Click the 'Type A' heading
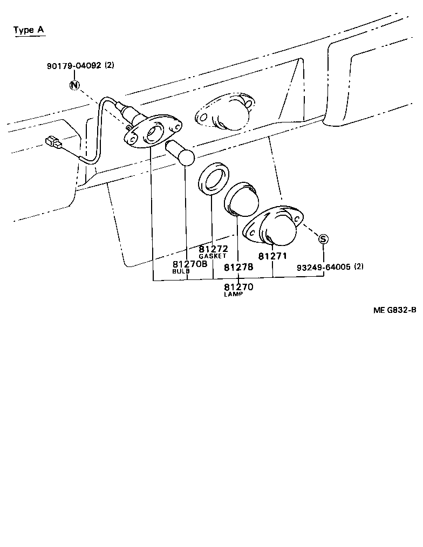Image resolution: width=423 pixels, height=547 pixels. pyautogui.click(x=29, y=30)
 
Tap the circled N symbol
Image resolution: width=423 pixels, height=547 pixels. pyautogui.click(x=74, y=85)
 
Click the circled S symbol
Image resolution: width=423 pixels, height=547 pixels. pyautogui.click(x=323, y=239)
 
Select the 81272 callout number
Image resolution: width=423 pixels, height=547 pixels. pyautogui.click(x=213, y=249)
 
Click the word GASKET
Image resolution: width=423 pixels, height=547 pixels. pyautogui.click(x=213, y=256)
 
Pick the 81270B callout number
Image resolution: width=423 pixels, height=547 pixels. pyautogui.click(x=189, y=264)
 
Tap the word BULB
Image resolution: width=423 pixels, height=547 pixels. pyautogui.click(x=181, y=271)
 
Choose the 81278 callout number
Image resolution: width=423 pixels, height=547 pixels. pyautogui.click(x=238, y=267)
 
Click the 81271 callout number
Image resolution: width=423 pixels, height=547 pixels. pyautogui.click(x=272, y=256)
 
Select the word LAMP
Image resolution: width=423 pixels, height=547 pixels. pyautogui.click(x=233, y=295)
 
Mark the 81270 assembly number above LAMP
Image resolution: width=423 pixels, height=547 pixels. pyautogui.click(x=238, y=287)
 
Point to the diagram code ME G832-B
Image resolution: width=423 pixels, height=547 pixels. pyautogui.click(x=395, y=310)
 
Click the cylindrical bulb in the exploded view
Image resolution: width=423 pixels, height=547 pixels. pyautogui.click(x=180, y=152)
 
